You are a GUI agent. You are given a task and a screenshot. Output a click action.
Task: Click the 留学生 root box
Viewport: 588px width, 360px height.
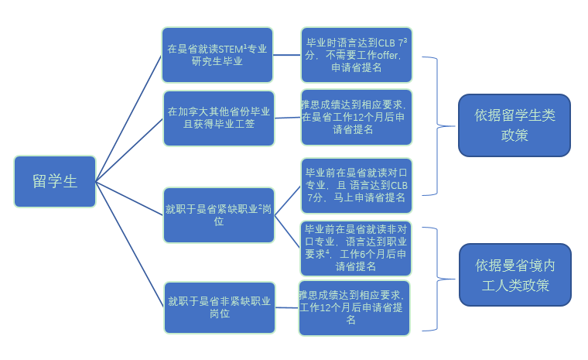[x=55, y=181]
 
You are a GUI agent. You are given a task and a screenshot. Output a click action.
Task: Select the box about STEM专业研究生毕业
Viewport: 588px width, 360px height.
[x=217, y=55]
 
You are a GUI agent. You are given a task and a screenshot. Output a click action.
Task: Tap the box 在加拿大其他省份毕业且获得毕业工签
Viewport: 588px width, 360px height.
[x=219, y=118]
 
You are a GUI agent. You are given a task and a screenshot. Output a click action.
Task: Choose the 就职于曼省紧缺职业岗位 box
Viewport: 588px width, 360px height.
[x=219, y=214]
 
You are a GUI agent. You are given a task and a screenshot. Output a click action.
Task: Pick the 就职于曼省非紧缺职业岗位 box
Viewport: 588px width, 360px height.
[x=219, y=307]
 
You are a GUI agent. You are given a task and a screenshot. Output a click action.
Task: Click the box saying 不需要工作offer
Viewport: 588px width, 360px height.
[x=356, y=54]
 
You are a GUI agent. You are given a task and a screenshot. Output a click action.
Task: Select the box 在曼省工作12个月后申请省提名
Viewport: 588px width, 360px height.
[x=356, y=117]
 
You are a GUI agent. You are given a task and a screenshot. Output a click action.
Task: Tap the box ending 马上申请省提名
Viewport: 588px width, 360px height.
[x=356, y=185]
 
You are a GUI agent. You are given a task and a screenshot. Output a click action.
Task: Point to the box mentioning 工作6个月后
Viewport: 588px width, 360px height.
[x=356, y=248]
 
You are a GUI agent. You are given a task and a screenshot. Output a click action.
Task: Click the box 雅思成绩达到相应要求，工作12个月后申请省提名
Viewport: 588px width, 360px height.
[x=354, y=307]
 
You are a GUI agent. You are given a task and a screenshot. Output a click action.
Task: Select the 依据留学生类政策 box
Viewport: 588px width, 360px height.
[x=514, y=125]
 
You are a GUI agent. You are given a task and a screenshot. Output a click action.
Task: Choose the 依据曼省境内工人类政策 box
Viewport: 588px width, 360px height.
[x=514, y=274]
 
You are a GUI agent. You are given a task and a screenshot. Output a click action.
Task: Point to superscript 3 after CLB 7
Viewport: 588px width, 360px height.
[x=405, y=39]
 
